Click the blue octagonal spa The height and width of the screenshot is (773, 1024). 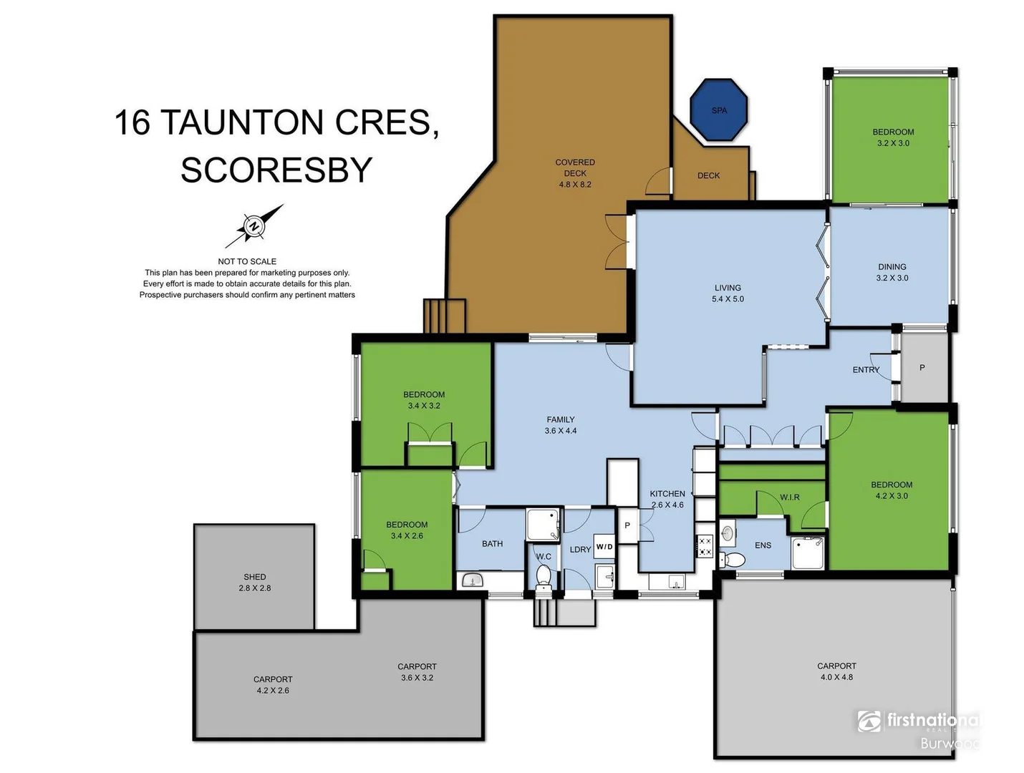click(719, 110)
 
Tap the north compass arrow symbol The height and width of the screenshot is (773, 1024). click(254, 226)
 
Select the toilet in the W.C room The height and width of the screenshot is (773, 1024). click(544, 575)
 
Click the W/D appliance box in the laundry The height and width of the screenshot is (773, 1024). click(604, 546)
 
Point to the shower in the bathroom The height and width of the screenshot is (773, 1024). click(543, 525)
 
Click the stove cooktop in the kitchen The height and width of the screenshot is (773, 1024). click(705, 546)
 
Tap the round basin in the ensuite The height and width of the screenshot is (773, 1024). click(728, 533)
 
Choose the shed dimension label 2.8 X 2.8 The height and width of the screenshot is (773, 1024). click(255, 588)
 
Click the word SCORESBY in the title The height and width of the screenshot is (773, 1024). click(276, 170)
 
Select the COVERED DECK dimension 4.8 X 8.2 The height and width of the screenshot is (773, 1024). click(575, 185)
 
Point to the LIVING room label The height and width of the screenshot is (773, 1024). click(728, 288)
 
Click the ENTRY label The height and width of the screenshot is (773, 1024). click(866, 370)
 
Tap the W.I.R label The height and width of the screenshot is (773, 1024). click(790, 497)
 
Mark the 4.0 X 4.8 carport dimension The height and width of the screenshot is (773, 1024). click(836, 677)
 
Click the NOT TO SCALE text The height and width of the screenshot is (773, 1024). click(247, 261)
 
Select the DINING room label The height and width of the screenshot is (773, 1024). click(892, 267)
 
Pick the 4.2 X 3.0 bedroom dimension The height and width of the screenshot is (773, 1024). click(892, 496)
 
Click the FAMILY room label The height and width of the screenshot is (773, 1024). click(561, 420)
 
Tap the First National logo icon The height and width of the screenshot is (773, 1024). click(869, 721)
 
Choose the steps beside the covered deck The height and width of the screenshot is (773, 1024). click(445, 316)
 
